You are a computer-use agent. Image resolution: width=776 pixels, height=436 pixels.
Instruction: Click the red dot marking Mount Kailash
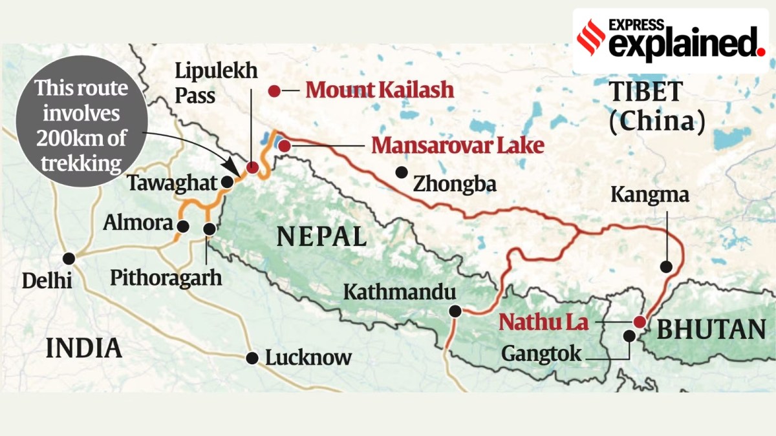275,91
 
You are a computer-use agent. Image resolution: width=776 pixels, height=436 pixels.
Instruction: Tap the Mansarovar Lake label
457,145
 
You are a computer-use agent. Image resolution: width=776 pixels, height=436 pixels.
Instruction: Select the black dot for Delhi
69,258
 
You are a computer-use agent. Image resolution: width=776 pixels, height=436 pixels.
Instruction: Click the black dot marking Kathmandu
455,311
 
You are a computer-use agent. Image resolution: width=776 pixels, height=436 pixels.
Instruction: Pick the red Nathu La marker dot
639,322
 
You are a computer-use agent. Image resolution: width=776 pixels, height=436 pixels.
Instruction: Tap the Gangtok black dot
629,335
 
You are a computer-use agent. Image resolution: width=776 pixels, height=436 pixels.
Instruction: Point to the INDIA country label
84,349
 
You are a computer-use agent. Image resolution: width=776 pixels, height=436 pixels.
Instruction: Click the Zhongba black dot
402,172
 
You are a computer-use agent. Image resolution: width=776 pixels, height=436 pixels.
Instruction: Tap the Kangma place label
648,194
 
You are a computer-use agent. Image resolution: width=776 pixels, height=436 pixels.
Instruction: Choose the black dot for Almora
183,226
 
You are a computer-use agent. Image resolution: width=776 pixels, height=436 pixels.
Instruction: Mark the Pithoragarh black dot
210,229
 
